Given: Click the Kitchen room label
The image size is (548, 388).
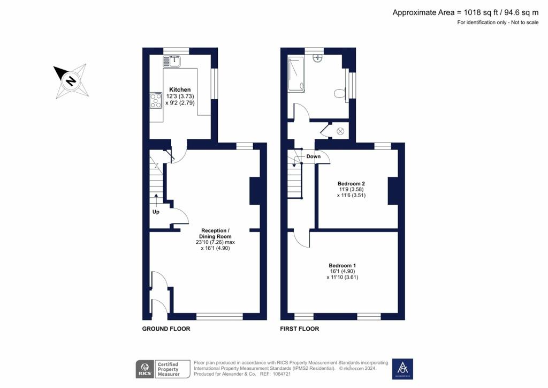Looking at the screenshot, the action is click(180, 89).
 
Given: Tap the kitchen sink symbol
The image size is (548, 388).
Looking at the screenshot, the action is click(171, 61).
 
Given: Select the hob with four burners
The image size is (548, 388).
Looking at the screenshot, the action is click(156, 100).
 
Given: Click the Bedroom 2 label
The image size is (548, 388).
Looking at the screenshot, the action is click(351, 183).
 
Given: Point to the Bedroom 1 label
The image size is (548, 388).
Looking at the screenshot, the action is click(342, 265).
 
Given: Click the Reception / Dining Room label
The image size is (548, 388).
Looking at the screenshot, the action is click(215, 233).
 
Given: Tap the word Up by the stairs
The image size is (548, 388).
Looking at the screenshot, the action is click(156, 212).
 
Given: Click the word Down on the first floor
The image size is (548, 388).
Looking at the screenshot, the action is click(314, 156).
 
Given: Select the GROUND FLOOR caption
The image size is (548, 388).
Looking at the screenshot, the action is click(166, 329).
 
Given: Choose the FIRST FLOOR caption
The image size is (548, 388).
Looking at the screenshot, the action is click(300, 329).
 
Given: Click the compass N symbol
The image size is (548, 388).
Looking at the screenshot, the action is click(71, 81).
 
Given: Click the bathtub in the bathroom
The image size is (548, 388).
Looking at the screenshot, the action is click(296, 73).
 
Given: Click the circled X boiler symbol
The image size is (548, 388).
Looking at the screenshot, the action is click(340, 131).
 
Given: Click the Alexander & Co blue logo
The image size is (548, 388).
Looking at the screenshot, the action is click(402, 369).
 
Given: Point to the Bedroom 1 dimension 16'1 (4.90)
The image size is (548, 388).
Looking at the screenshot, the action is click(342, 271).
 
